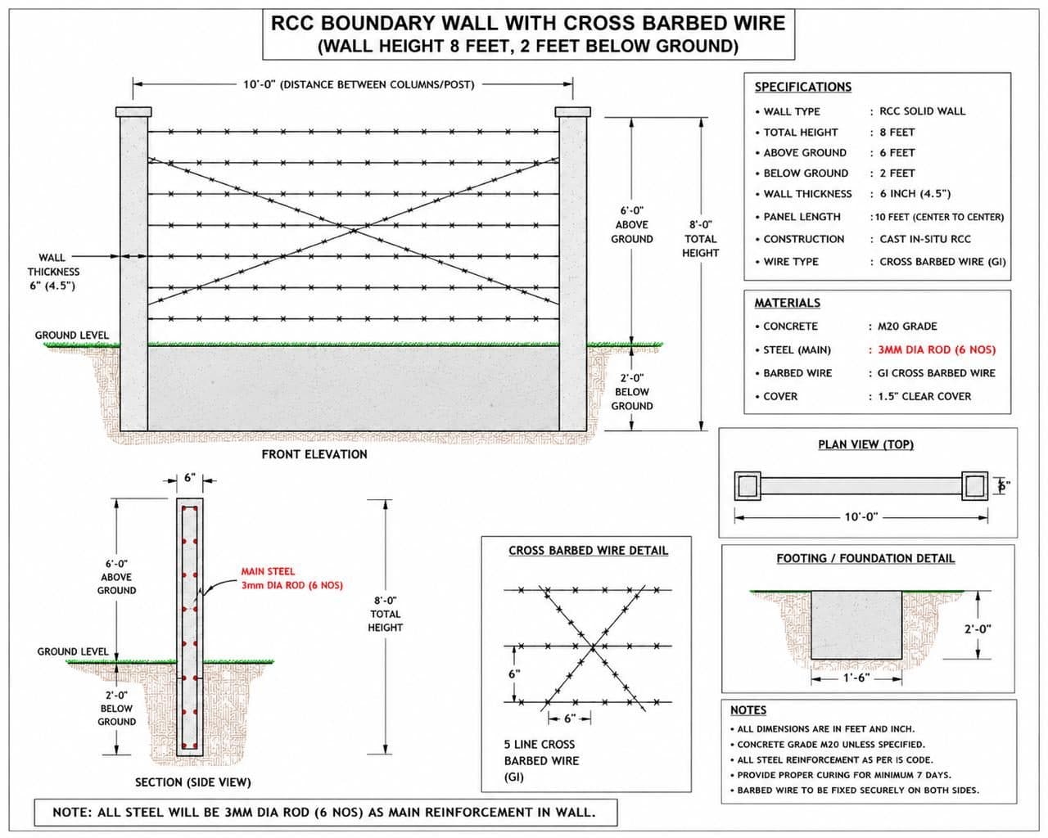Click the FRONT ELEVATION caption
[314, 454]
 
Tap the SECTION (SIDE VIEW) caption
[193, 782]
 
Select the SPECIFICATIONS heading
[802, 88]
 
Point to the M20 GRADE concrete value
[907, 327]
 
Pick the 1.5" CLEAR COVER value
[924, 396]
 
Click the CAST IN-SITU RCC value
[925, 239]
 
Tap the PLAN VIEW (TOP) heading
[865, 444]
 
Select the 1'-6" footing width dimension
[856, 678]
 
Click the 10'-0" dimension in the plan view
[861, 516]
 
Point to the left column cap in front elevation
[133, 112]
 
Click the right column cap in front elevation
[572, 112]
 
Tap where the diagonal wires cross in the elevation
[354, 231]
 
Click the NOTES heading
[748, 710]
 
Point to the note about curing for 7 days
[843, 775]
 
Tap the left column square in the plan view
[748, 485]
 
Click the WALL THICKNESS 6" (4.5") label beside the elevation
[52, 272]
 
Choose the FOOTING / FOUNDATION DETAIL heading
[865, 558]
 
